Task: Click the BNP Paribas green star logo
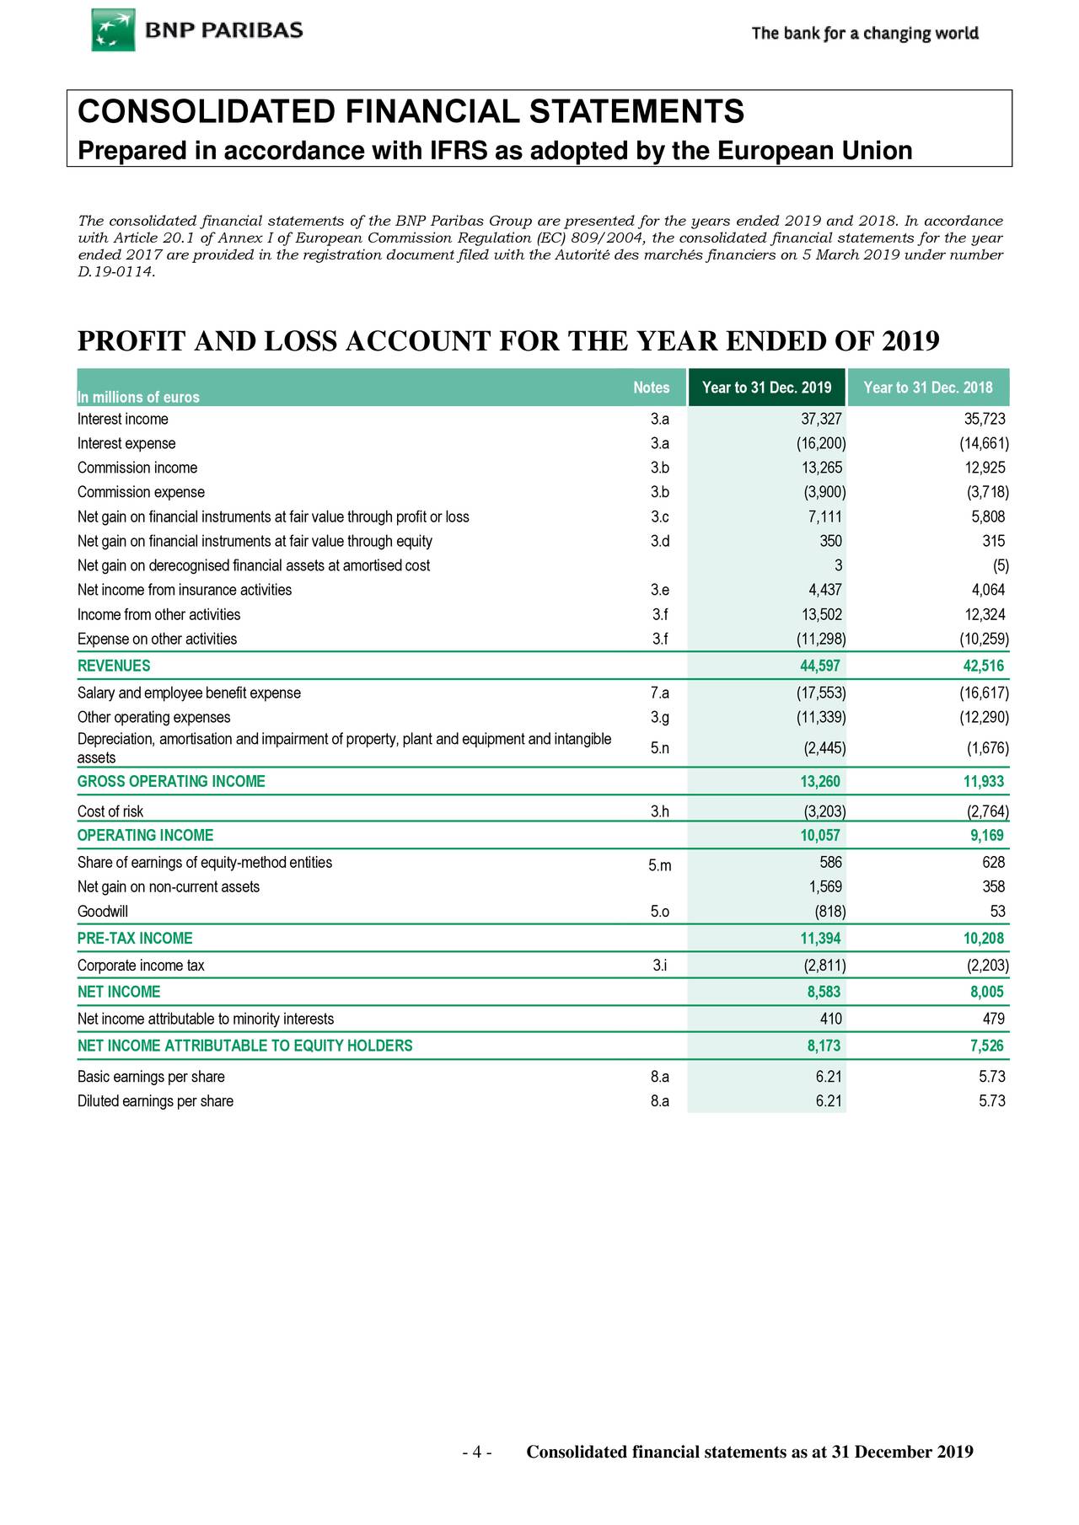tap(113, 30)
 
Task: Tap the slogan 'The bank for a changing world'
tap(865, 34)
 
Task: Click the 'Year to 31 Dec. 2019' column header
tap(766, 388)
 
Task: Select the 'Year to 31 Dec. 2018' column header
tap(928, 388)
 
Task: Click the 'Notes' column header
tap(651, 388)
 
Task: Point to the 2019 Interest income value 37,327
tap(820, 420)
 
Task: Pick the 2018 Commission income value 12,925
tap(984, 468)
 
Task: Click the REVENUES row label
tap(114, 666)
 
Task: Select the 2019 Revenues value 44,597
tap(819, 666)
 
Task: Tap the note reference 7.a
tap(660, 693)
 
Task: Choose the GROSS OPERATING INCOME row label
tap(171, 781)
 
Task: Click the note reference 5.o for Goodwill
tap(660, 912)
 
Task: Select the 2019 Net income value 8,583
tap(824, 992)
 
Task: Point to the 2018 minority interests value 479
tap(993, 1019)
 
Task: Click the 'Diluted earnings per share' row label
tap(155, 1101)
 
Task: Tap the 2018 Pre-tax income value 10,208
tap(983, 938)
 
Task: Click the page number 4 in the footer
tap(476, 1452)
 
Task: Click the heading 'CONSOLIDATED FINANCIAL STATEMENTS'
tap(411, 111)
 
